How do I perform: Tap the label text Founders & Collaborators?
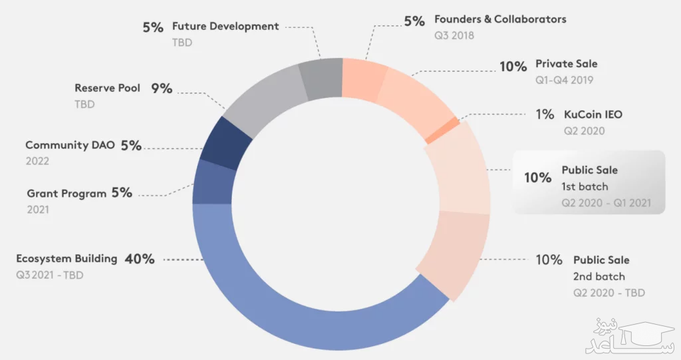tap(500, 19)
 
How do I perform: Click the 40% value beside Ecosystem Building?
tap(140, 259)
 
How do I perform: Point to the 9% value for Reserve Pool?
tap(161, 88)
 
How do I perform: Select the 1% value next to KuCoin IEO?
tap(545, 114)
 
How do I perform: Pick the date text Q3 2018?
tap(454, 35)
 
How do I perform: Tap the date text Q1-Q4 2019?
tap(564, 81)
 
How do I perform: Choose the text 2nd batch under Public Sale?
tap(599, 276)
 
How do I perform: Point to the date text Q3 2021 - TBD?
tap(50, 275)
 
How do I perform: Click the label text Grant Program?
tap(67, 194)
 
